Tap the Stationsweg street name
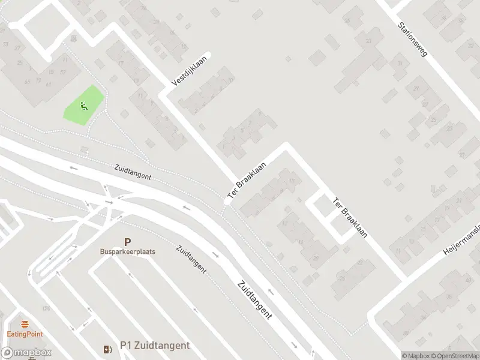pos(413,40)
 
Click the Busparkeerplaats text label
pos(127,252)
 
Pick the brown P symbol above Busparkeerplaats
pos(127,242)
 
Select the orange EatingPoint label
pos(25,334)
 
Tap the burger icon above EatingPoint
pos(25,325)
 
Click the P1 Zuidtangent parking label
pos(155,345)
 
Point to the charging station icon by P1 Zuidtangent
pos(107,349)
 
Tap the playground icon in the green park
pos(83,107)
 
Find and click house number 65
pos(28,82)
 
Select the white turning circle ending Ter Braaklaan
pos(227,202)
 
